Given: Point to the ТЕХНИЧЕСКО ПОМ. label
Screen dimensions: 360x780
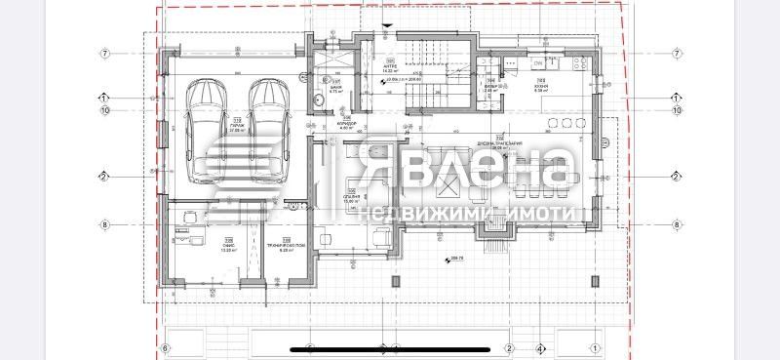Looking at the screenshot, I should pyautogui.click(x=286, y=247).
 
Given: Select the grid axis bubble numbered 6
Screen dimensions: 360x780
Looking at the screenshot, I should pyautogui.click(x=166, y=347).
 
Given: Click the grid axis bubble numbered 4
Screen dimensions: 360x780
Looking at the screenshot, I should pyautogui.click(x=539, y=347).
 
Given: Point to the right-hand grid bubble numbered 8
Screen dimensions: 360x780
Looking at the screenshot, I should pyautogui.click(x=676, y=224).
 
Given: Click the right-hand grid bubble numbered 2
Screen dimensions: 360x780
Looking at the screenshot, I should pyautogui.click(x=675, y=177).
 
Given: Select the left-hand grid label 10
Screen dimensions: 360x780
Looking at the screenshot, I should pyautogui.click(x=103, y=110).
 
